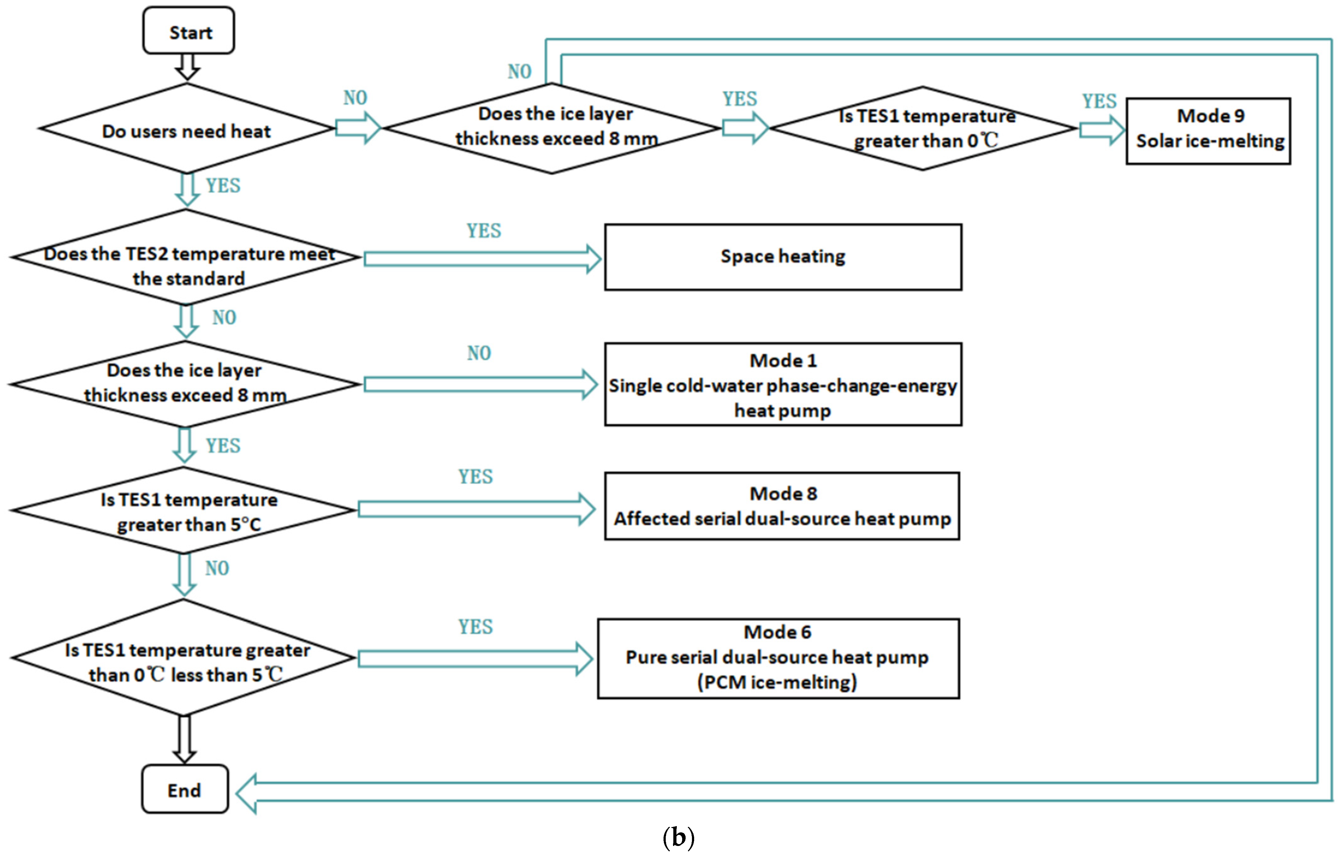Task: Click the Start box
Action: click(188, 31)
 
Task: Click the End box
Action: click(185, 789)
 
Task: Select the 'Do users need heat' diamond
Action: click(187, 129)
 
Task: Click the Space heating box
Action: click(783, 256)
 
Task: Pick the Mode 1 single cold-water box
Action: click(783, 384)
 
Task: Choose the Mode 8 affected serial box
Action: click(782, 506)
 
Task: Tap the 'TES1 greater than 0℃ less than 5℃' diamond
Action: click(184, 658)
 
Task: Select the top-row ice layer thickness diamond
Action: click(551, 128)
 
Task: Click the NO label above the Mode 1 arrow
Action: click(479, 353)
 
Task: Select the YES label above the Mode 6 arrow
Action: click(475, 627)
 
